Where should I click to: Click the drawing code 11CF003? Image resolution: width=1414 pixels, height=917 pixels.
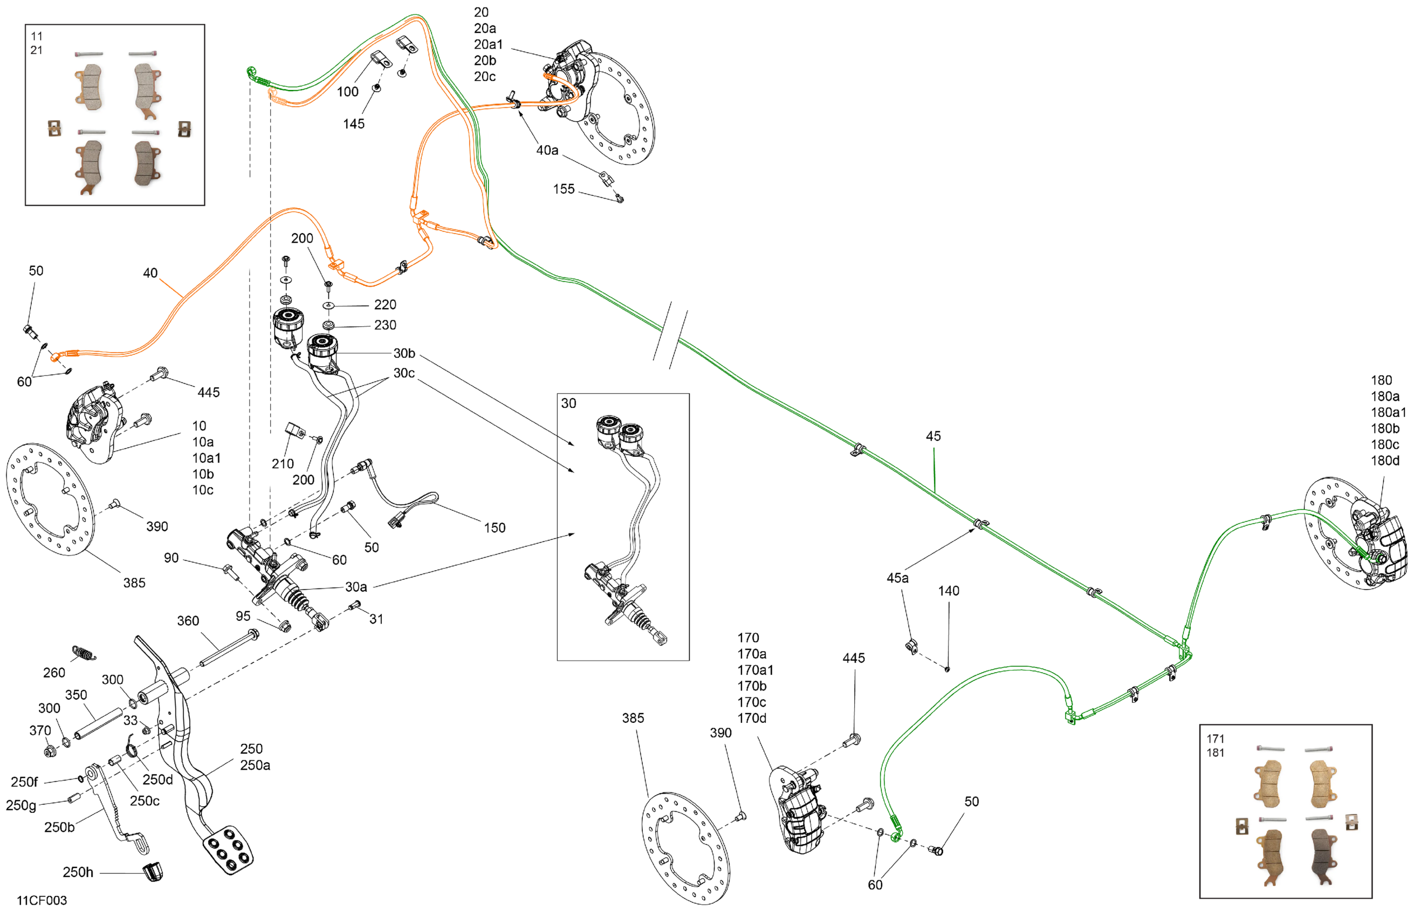coord(42,900)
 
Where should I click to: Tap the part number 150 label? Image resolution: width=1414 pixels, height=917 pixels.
coord(495,528)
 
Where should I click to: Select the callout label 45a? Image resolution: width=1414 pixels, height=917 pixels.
coord(897,578)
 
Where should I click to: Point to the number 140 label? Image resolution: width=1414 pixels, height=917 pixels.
coord(948,591)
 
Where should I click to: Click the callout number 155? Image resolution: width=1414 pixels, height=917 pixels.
coord(564,189)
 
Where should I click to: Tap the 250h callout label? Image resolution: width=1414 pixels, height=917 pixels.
coord(78,872)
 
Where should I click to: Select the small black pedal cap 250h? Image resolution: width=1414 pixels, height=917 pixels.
coord(153,872)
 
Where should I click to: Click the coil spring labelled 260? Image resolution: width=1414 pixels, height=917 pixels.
coord(84,653)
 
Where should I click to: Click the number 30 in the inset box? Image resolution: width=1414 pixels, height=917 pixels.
coord(568,403)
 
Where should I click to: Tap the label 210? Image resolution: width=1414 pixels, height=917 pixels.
coord(283,463)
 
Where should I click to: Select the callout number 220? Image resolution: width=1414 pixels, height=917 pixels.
coord(385,305)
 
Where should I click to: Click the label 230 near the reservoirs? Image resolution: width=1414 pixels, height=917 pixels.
coord(385,325)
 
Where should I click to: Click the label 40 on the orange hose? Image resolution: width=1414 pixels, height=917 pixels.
coord(150,273)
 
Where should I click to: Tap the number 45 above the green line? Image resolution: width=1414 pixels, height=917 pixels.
coord(933,436)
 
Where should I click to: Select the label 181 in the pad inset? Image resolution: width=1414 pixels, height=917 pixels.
coord(1215,752)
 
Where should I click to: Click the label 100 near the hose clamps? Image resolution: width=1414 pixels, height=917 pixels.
coord(347,92)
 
